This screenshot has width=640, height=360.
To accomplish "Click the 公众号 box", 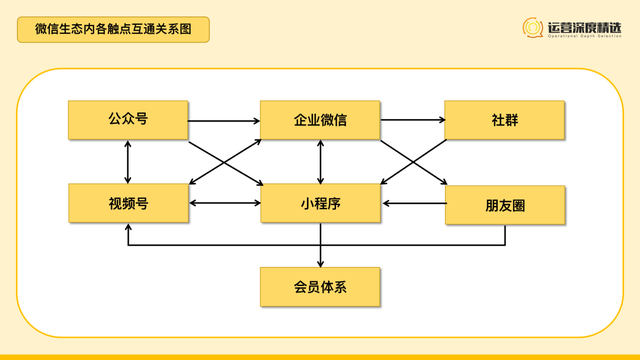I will click(128, 120).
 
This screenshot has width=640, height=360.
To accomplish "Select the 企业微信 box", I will click(320, 120).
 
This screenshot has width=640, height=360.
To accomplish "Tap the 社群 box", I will click(505, 120).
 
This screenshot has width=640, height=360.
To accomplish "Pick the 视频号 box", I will click(128, 203).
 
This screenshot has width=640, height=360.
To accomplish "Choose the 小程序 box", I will click(320, 203).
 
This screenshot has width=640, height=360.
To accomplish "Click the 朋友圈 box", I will click(505, 203).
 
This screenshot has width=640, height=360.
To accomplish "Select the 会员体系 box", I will click(320, 286).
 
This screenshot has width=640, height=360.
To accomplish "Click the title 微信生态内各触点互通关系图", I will click(114, 30).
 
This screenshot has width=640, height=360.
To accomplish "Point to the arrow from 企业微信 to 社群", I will click(412, 121).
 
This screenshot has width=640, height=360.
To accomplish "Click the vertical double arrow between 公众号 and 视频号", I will click(128, 162).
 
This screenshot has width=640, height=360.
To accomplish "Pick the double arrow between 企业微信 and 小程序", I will click(320, 162).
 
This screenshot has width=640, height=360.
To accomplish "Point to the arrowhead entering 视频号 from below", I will click(128, 228).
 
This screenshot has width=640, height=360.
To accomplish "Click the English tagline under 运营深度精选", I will click(584, 39).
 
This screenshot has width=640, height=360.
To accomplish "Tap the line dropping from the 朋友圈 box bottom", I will click(505, 235).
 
